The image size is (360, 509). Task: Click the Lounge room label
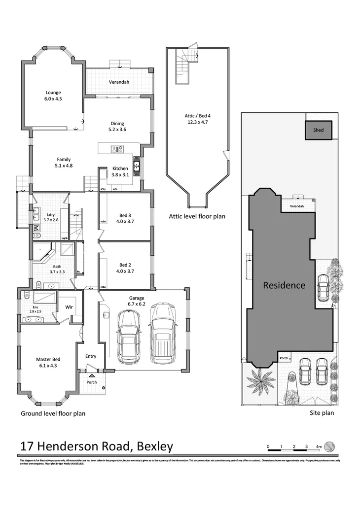click(x=53, y=96)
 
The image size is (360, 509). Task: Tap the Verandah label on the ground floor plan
click(x=119, y=82)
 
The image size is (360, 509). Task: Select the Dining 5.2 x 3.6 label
click(x=117, y=127)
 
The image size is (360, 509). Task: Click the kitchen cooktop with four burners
click(x=118, y=148)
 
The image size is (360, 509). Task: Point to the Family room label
click(x=64, y=163)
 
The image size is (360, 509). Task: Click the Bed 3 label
click(x=125, y=218)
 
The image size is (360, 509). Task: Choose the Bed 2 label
click(x=125, y=268)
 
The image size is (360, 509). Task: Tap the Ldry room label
click(x=50, y=217)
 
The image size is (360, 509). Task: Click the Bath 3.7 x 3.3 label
click(x=57, y=269)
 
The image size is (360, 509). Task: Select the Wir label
click(x=70, y=306)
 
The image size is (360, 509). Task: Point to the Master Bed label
click(x=47, y=363)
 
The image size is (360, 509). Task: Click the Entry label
click(x=91, y=356)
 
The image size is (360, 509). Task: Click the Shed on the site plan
click(x=319, y=131)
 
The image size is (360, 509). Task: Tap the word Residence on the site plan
click(x=284, y=285)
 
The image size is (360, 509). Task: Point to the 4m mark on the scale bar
click(x=319, y=446)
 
